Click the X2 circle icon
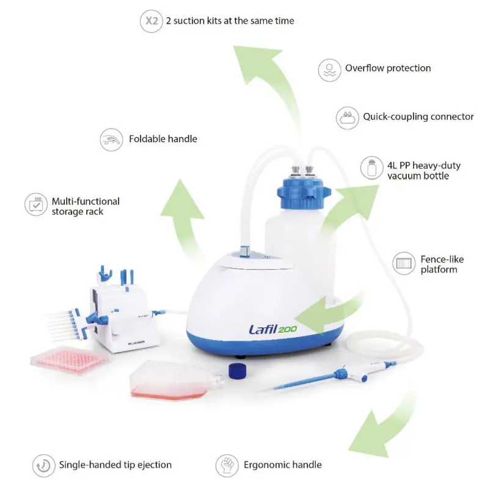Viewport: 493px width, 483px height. [x=150, y=21]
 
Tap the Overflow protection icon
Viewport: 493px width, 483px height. [x=329, y=68]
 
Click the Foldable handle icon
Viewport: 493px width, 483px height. [x=112, y=139]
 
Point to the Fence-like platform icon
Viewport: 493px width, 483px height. [x=404, y=264]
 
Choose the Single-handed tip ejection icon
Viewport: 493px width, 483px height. [x=43, y=465]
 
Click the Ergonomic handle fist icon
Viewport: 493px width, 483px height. [x=227, y=465]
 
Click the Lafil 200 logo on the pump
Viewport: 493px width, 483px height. [x=272, y=330]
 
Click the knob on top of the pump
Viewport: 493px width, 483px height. [x=246, y=252]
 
